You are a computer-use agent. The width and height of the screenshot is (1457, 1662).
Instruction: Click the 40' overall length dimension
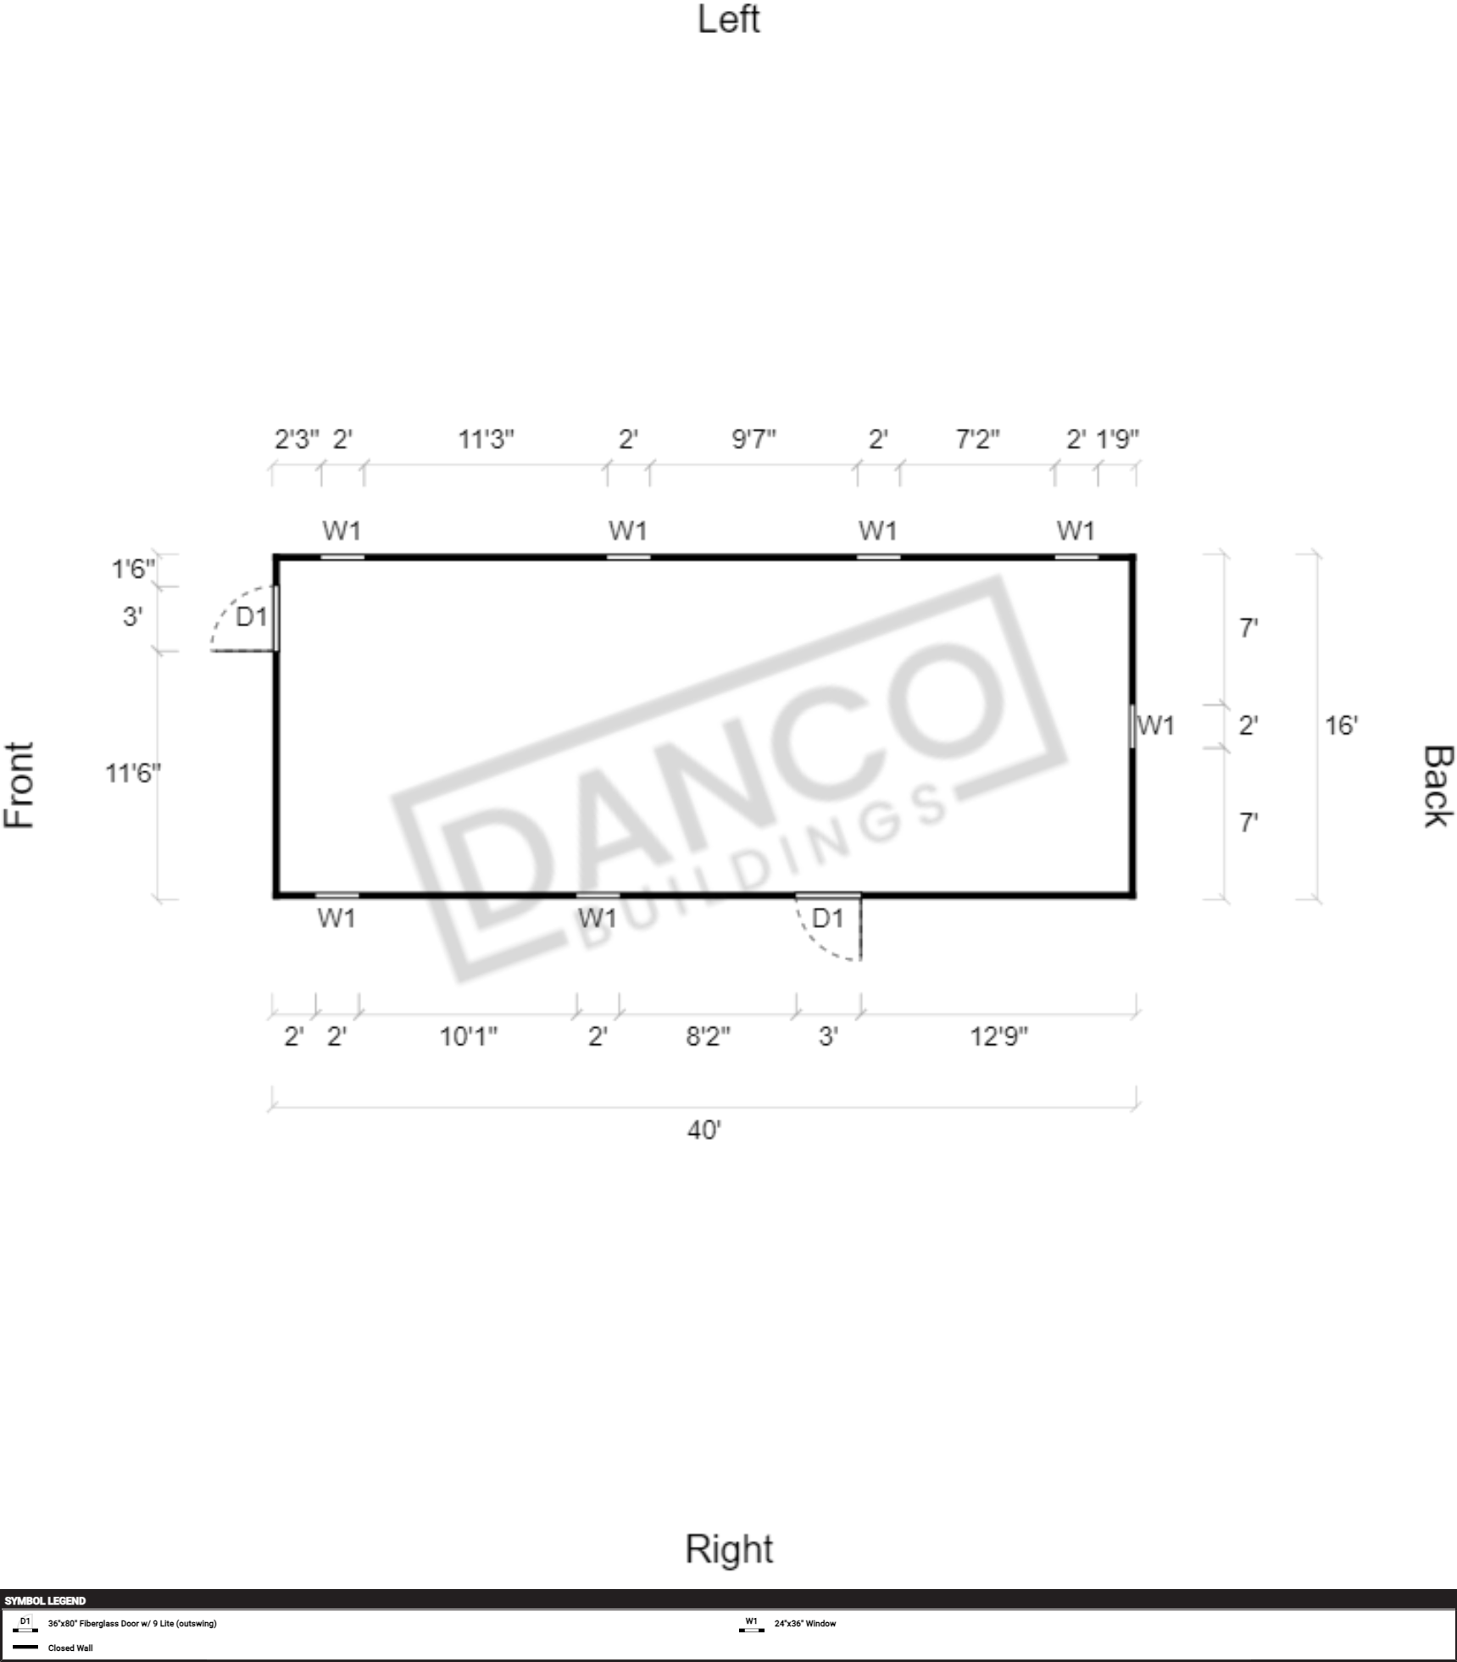click(x=703, y=1130)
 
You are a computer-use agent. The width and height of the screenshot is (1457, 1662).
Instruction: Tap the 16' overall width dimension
click(x=1341, y=725)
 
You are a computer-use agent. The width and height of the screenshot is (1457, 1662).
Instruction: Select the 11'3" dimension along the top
click(x=486, y=439)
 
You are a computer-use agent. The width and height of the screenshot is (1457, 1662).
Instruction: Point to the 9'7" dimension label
click(x=754, y=439)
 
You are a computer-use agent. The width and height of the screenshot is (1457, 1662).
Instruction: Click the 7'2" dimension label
click(x=977, y=439)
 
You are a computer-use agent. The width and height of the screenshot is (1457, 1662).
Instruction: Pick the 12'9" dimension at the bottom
click(x=998, y=1036)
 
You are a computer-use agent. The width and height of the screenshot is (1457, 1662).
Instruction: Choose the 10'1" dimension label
click(x=468, y=1036)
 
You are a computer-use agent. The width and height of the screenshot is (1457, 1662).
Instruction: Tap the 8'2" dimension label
click(x=708, y=1036)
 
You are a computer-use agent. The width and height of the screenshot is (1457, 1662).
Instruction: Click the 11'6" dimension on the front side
click(x=132, y=773)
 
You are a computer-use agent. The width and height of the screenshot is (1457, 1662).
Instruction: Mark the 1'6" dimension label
click(x=133, y=568)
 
